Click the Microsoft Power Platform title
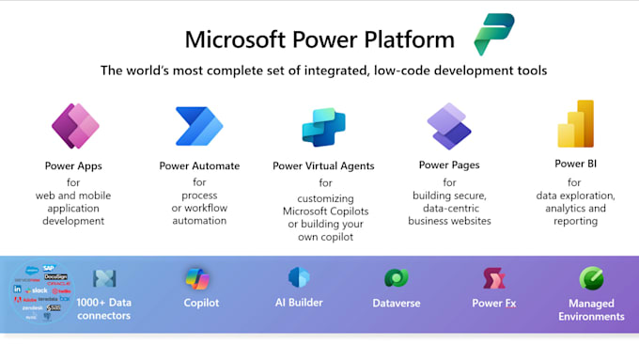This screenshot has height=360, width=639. click(x=319, y=40)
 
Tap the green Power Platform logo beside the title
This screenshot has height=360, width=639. click(x=493, y=35)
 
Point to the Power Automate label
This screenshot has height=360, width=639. click(x=199, y=165)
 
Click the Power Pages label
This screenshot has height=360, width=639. click(x=448, y=164)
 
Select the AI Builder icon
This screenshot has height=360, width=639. click(x=299, y=278)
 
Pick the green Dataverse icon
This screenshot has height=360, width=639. click(x=396, y=278)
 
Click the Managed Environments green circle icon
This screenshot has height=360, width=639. click(x=592, y=278)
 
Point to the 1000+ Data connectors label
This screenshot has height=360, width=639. click(x=103, y=309)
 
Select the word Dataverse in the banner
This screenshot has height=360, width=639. click(x=396, y=304)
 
